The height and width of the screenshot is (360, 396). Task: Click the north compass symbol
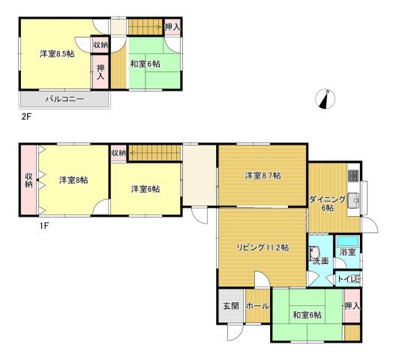[325, 99]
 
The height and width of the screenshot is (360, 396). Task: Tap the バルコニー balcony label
[64, 99]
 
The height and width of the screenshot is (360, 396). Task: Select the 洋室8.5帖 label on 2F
[57, 54]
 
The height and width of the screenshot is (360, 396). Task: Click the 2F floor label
[25, 117]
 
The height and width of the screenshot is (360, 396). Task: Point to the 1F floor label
[43, 226]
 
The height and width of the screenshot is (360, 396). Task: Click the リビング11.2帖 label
[262, 247]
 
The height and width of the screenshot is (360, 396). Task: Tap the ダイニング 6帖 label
[327, 203]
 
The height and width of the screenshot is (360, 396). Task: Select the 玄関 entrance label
[231, 306]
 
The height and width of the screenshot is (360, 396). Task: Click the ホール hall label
[257, 306]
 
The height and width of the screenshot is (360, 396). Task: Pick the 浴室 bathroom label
[348, 252]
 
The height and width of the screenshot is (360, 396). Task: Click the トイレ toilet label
[349, 279]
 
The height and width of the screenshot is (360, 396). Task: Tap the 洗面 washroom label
[321, 261]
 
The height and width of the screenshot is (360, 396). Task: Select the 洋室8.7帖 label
[263, 175]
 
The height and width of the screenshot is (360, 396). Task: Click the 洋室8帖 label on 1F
[73, 180]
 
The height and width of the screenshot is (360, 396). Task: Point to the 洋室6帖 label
[145, 189]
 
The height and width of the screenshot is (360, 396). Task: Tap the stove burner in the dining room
[353, 175]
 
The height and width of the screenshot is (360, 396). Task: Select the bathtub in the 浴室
[348, 241]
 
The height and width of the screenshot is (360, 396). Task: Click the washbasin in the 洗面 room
[315, 253]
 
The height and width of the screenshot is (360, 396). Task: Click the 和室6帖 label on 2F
[145, 64]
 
